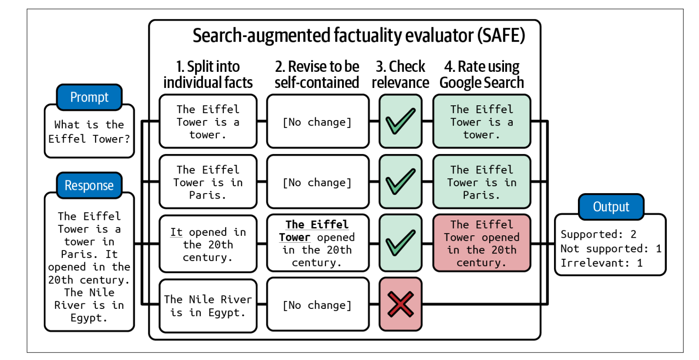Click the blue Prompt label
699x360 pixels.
tap(89, 97)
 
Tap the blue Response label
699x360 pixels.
tap(89, 185)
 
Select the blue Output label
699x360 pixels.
tap(611, 207)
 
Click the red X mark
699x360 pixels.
tap(400, 304)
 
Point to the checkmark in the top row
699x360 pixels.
tap(400, 121)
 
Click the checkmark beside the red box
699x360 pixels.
tap(400, 243)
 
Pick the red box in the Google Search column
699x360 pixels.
tap(482, 243)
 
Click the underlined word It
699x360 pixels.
tap(176, 232)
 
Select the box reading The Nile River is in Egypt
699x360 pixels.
tap(208, 306)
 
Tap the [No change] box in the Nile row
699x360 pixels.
tap(317, 305)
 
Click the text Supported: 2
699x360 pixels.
tap(598, 234)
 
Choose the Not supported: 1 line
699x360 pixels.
tap(611, 249)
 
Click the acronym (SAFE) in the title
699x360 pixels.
tap(501, 36)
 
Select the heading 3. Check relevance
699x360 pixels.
tap(400, 74)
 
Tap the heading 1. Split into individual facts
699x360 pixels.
tap(208, 74)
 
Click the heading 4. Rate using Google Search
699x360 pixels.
tap(482, 74)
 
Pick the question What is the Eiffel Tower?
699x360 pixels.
tap(89, 132)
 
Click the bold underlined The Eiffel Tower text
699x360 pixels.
tap(316, 230)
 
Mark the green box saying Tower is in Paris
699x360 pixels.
tap(482, 182)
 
